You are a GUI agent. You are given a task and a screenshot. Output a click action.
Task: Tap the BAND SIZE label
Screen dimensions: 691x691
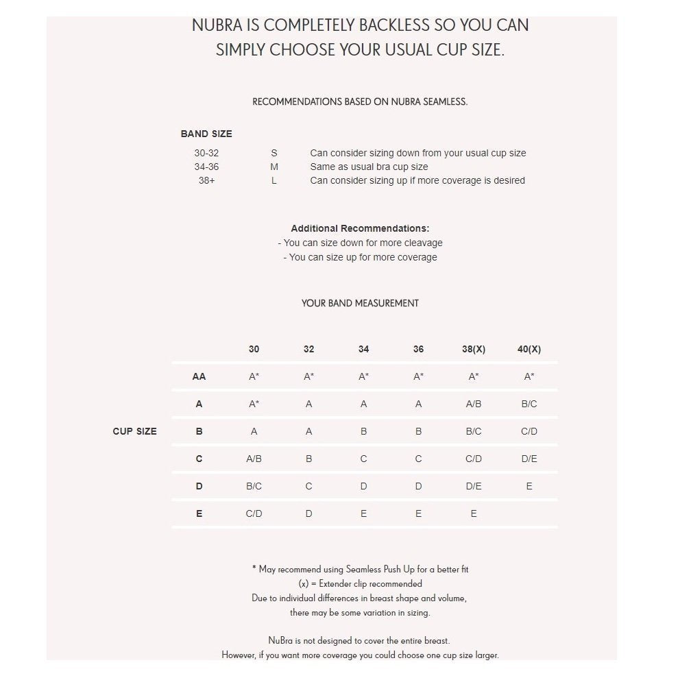click(x=206, y=134)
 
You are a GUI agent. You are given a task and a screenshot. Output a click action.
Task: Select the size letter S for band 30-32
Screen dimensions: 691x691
click(x=274, y=153)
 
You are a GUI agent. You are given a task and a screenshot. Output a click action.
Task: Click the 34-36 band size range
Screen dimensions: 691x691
click(x=206, y=167)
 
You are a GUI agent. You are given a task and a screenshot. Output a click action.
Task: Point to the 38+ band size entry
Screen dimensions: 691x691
click(x=206, y=180)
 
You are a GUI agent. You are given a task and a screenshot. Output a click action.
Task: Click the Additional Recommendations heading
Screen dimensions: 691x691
click(x=360, y=228)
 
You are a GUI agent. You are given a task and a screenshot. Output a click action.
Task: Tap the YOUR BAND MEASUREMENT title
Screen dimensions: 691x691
click(x=360, y=303)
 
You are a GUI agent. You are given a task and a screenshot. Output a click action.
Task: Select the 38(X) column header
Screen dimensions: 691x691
click(x=474, y=349)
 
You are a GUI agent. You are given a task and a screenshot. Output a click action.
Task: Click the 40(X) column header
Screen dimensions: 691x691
click(x=529, y=349)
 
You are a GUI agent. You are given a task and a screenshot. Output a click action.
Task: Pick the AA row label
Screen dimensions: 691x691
click(x=199, y=376)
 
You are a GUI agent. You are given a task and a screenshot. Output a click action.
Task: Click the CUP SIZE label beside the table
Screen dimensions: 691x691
click(x=134, y=431)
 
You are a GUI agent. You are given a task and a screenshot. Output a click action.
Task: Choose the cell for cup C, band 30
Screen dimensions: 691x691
click(x=254, y=459)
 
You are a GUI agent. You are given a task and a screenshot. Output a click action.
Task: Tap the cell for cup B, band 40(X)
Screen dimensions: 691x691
click(x=529, y=431)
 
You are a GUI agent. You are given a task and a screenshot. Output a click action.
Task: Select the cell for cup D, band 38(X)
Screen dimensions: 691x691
click(x=474, y=486)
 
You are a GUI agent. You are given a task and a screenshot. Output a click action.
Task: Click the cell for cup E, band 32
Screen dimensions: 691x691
click(x=308, y=513)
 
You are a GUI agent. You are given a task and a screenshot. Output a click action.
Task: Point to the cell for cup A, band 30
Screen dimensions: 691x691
click(x=254, y=404)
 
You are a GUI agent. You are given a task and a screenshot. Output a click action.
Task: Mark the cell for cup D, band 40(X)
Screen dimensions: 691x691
click(x=529, y=486)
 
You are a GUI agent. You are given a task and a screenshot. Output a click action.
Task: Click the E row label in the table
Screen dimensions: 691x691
click(x=199, y=513)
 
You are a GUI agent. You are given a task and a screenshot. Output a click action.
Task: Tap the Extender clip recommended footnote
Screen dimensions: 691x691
click(x=360, y=584)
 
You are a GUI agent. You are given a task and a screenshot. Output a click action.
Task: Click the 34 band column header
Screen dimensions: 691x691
click(x=363, y=349)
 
